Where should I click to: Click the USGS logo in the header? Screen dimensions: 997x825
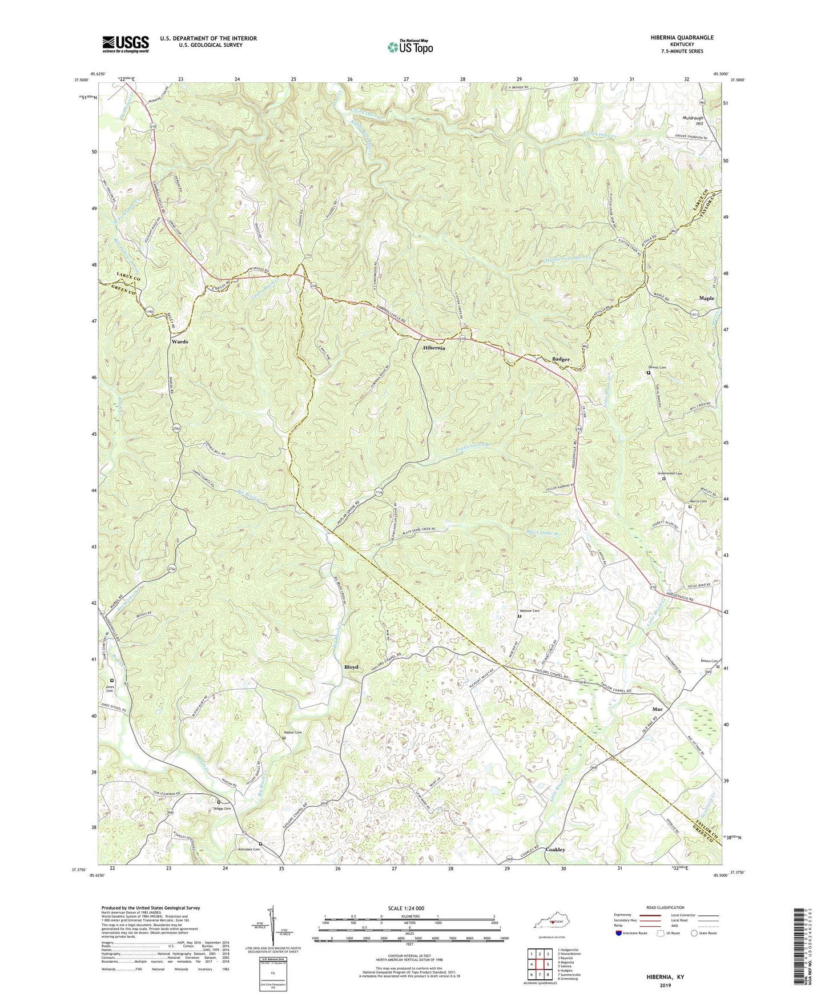point(126,44)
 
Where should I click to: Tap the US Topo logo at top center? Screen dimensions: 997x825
point(409,46)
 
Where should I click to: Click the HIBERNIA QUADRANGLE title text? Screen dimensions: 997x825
point(682,38)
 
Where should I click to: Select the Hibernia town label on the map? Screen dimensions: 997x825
point(434,348)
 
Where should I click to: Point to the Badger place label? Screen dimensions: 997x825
point(561,359)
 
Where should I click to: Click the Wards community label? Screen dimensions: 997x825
point(179,341)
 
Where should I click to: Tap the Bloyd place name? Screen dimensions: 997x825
point(351,667)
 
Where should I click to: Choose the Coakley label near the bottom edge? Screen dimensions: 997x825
point(555,850)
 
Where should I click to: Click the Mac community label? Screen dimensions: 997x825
point(657,709)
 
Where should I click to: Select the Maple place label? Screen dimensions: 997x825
point(706,298)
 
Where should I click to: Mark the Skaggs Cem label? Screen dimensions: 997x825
point(222,809)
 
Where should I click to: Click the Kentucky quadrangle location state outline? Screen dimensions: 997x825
point(551,923)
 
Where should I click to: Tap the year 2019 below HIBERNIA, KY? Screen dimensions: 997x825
point(665,986)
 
